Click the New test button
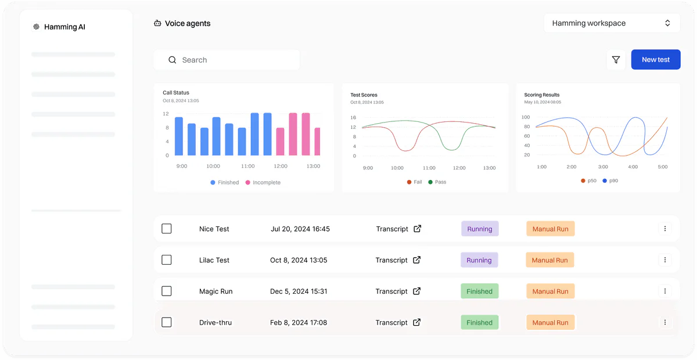(655, 60)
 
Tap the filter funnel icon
(616, 60)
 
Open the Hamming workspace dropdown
(612, 23)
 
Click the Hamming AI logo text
(64, 27)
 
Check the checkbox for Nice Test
(167, 229)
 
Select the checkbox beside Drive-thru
(167, 322)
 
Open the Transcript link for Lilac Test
(398, 260)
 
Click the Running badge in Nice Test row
(480, 229)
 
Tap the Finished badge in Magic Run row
(479, 291)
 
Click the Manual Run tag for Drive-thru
(550, 322)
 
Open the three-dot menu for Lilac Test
(665, 260)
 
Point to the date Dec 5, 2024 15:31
(299, 291)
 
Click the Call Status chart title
(176, 93)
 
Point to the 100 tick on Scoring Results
(526, 117)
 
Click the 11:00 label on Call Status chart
(248, 166)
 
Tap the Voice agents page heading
(187, 24)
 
